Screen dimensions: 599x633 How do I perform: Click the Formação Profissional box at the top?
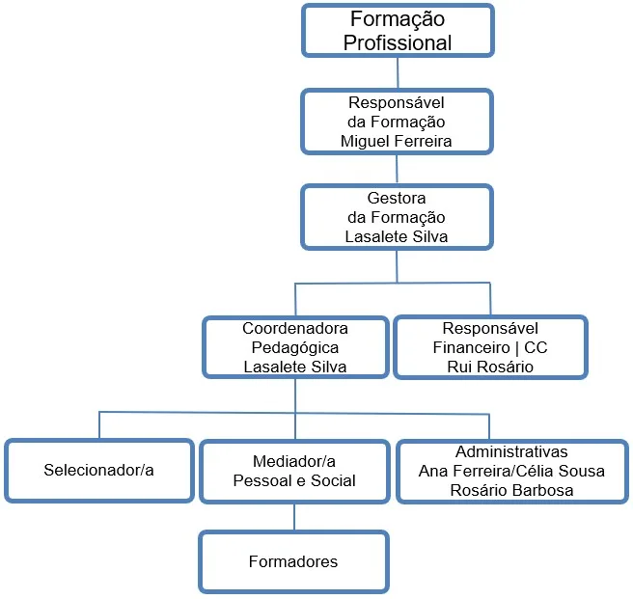tap(398, 30)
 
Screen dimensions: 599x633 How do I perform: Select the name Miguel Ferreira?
tap(397, 141)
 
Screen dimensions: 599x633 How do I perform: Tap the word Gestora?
tap(397, 198)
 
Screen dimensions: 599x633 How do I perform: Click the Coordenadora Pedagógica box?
tap(294, 346)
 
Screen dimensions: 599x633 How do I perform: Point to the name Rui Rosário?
tap(489, 366)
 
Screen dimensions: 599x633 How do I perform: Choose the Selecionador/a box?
tap(98, 471)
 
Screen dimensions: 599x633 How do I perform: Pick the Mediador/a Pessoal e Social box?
tap(294, 471)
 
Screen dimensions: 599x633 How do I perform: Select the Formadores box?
tap(294, 560)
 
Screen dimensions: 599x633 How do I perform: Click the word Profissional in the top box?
tap(398, 41)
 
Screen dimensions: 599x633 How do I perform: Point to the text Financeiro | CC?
tap(489, 347)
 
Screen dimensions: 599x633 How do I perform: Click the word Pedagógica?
tap(294, 347)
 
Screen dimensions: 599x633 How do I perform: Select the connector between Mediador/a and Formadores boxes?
tap(294, 517)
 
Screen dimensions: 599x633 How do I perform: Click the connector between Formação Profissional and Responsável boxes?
tap(398, 73)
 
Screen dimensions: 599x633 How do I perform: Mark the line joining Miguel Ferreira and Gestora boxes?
tap(398, 170)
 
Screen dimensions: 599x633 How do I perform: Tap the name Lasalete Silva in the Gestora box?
tap(397, 235)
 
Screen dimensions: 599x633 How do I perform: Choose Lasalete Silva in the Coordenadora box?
tap(294, 366)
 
